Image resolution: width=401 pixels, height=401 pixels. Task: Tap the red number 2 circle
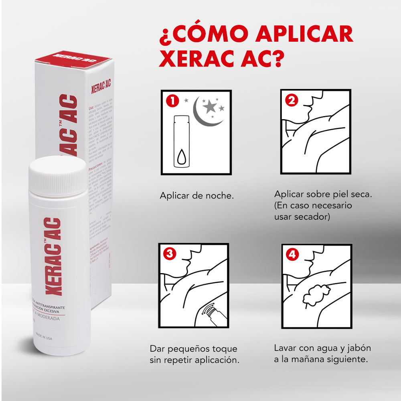291,101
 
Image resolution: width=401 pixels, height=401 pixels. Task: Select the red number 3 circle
170,253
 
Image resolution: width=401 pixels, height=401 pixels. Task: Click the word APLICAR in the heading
305,35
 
